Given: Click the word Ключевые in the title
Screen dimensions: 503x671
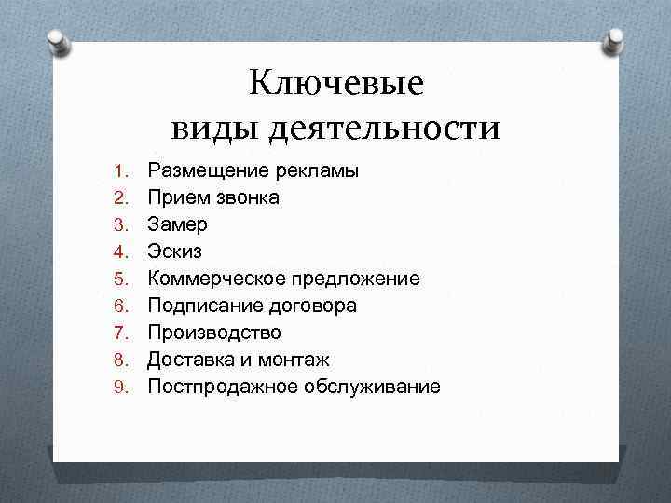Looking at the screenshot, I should coord(335,85).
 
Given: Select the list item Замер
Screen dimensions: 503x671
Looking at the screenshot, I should coord(178,225).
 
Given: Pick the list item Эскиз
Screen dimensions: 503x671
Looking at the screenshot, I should coord(175,251).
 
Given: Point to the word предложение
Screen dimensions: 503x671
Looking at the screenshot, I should coord(356,279).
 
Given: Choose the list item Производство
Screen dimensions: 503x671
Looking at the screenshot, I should coord(214,333).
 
